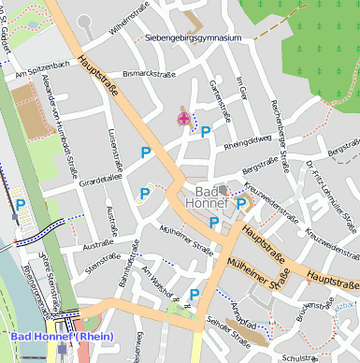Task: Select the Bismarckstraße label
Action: tap(150, 71)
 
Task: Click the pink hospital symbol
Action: tap(182, 119)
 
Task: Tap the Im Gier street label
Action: tap(242, 89)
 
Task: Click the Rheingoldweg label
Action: tap(248, 143)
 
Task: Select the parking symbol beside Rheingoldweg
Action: tap(206, 133)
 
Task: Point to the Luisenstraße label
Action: tap(114, 151)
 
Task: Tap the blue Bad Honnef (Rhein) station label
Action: tap(61, 336)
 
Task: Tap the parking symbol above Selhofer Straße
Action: tap(194, 295)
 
